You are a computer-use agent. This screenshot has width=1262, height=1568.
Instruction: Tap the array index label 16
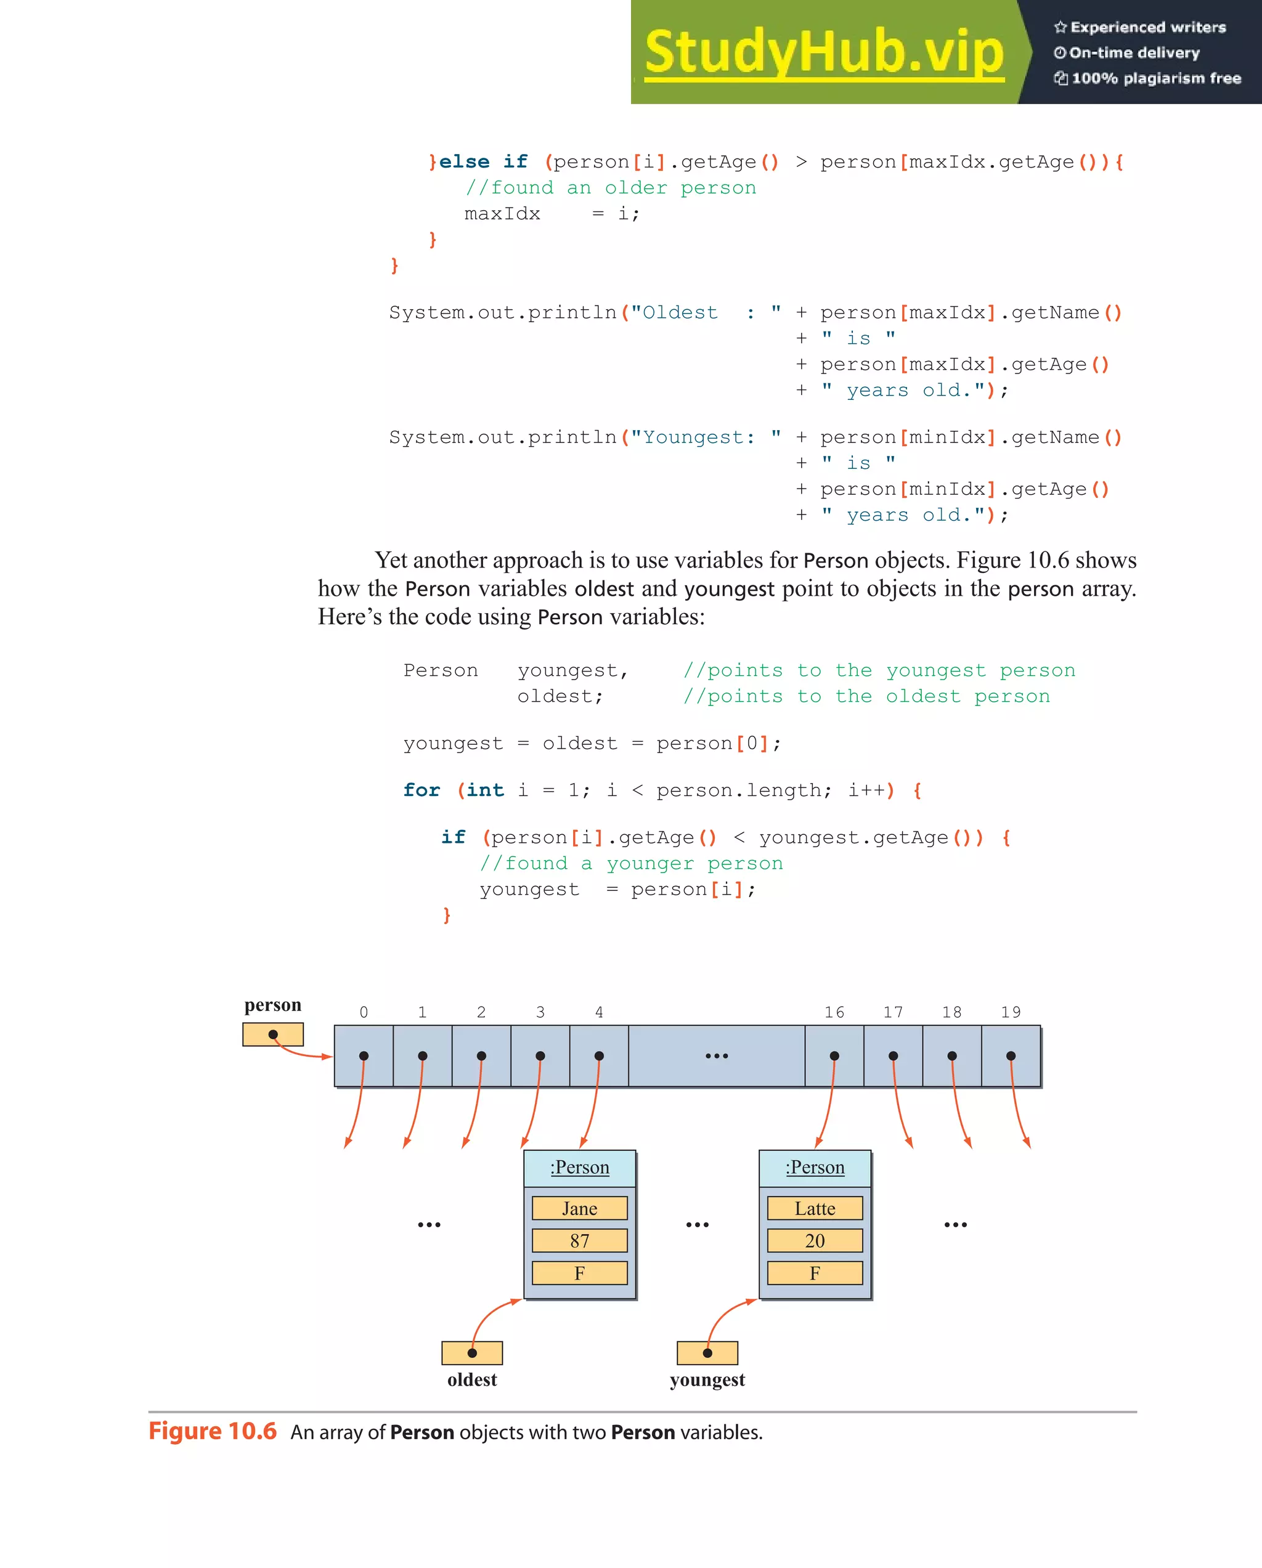click(834, 1012)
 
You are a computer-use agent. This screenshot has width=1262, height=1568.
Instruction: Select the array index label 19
click(1011, 1012)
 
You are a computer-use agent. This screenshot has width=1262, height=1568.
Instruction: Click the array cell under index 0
click(364, 1055)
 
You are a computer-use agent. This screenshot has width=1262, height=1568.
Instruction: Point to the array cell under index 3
click(540, 1055)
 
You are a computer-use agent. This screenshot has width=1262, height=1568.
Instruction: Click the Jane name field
click(579, 1208)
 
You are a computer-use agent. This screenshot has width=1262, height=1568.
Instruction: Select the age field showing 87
click(579, 1241)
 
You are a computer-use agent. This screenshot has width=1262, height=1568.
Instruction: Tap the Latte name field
click(815, 1208)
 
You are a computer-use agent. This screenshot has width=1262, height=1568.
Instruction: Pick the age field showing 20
click(815, 1241)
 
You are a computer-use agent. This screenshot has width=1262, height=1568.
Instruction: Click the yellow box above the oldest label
click(472, 1353)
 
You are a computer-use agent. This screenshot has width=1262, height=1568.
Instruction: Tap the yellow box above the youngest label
click(707, 1353)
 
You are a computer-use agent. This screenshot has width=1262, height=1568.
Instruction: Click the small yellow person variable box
click(273, 1034)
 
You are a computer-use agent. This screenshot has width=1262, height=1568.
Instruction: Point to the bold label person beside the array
click(273, 1004)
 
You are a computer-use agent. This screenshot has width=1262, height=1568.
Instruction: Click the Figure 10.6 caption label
click(213, 1431)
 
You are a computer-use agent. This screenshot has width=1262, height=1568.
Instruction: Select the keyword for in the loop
click(422, 790)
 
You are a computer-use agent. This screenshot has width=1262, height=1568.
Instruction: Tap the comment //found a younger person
click(632, 863)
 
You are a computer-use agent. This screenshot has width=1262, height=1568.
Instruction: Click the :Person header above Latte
click(815, 1168)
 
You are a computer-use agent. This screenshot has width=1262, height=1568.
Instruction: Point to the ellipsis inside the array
click(717, 1055)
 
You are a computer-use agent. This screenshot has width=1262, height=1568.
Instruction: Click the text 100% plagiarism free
click(1156, 78)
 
